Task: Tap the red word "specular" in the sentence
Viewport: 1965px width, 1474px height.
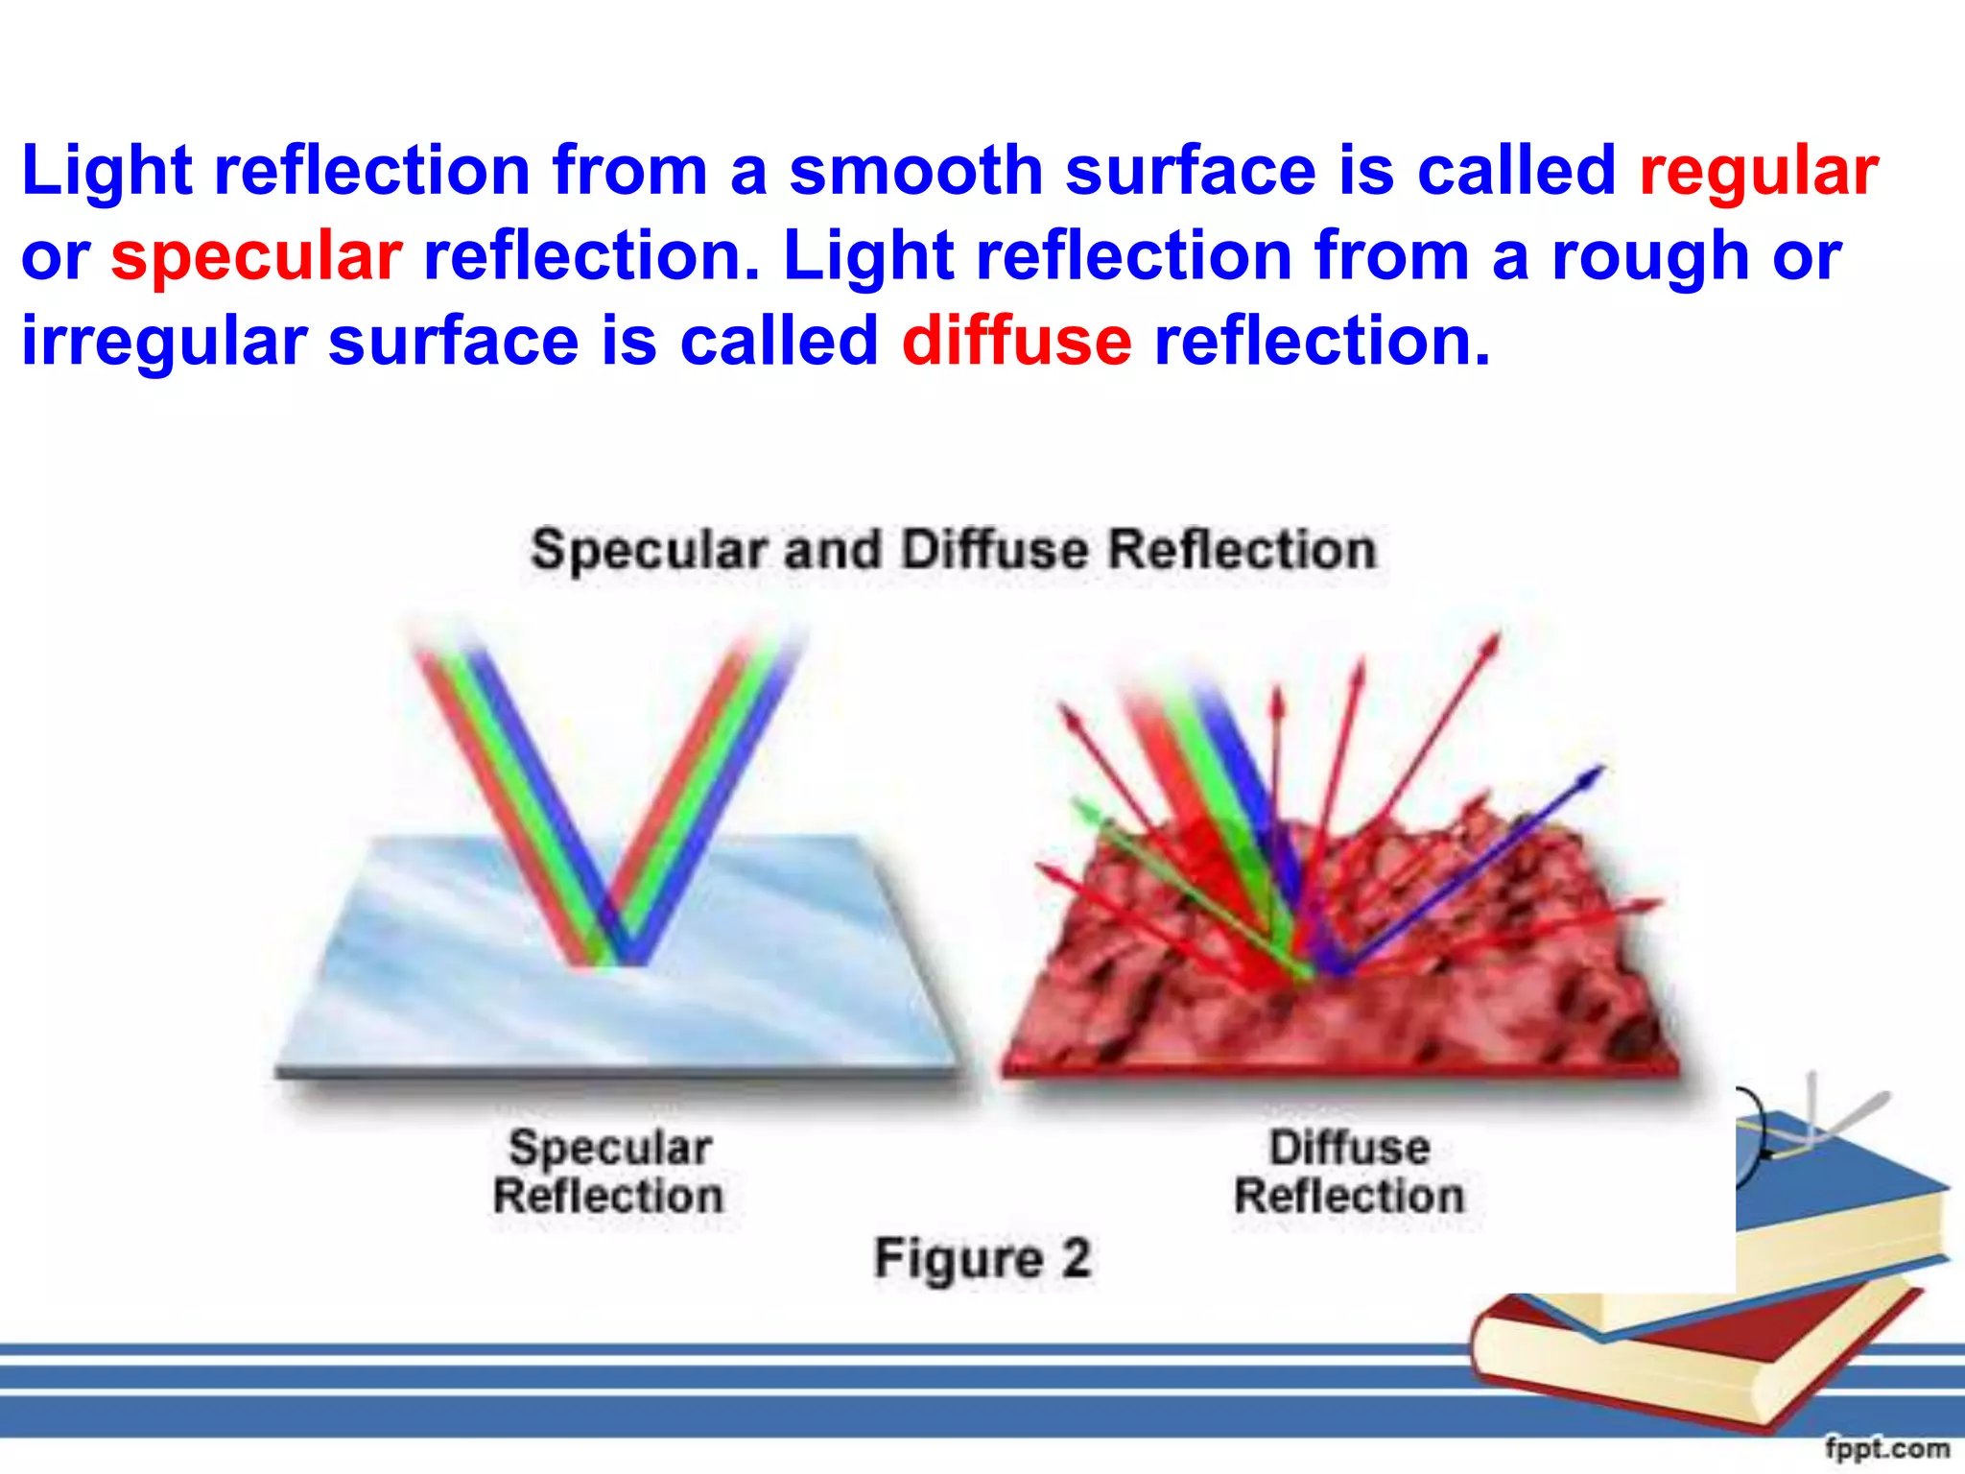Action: click(x=256, y=257)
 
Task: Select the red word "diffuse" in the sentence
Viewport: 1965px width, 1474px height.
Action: click(x=1016, y=342)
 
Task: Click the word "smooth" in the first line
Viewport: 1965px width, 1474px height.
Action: click(x=915, y=171)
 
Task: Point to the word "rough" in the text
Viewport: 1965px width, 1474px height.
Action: click(x=1649, y=257)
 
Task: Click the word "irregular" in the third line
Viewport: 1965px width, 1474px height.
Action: click(x=164, y=342)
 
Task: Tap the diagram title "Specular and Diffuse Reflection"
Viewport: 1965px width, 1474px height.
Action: click(x=954, y=551)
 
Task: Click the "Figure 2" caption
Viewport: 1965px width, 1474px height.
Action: click(x=982, y=1257)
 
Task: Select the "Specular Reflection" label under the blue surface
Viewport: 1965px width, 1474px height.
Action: click(x=609, y=1172)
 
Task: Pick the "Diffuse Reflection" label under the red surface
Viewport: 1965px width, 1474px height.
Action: click(x=1349, y=1172)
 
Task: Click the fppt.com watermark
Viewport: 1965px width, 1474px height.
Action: click(x=1886, y=1448)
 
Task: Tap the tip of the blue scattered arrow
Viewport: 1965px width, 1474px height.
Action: click(x=1600, y=769)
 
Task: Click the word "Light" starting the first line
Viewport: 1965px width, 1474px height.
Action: click(x=107, y=171)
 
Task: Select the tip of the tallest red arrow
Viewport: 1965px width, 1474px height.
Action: click(x=1495, y=637)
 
